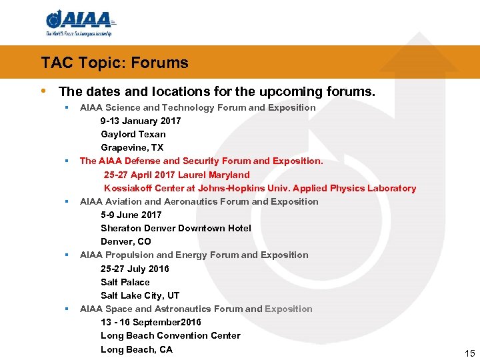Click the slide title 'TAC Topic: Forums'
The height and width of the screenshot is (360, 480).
pos(115,63)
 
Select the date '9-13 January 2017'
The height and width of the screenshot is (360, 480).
pos(141,121)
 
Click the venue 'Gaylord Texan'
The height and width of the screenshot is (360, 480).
pos(133,134)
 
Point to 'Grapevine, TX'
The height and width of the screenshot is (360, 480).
pos(132,147)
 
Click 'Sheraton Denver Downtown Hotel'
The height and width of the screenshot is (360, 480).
pos(176,228)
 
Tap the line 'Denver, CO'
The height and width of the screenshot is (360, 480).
pos(126,241)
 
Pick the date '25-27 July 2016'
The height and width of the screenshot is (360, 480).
pos(135,269)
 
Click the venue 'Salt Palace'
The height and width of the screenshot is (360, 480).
pos(125,282)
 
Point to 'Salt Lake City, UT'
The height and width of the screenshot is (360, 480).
pos(140,295)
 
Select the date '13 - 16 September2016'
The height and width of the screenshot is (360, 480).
pos(151,322)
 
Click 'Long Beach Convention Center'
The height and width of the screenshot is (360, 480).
pos(171,335)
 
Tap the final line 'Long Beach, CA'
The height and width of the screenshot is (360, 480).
pos(137,349)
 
